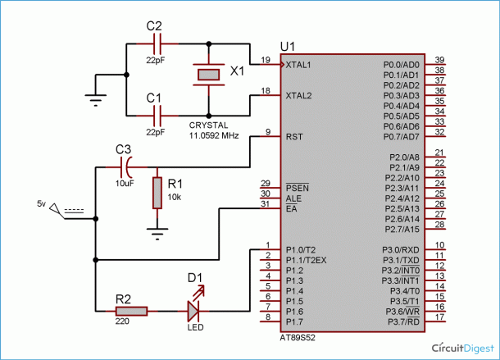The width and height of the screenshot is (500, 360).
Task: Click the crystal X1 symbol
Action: (208, 75)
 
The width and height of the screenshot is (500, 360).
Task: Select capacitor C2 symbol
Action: (157, 43)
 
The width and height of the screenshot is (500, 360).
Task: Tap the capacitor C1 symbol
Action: (157, 116)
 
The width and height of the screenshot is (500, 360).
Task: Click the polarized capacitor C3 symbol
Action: (126, 167)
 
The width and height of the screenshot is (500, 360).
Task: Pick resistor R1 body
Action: (157, 193)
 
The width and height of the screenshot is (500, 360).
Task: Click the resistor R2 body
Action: (131, 311)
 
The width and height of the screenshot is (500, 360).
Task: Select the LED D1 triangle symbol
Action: (193, 311)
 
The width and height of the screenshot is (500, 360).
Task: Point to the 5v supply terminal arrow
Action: (57, 210)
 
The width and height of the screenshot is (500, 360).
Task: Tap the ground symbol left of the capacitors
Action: (96, 100)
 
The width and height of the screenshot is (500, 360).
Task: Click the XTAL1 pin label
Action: (298, 65)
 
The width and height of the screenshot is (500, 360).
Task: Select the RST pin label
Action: (294, 137)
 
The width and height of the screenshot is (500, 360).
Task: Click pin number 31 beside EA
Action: (266, 203)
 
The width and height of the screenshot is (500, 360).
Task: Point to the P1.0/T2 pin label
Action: (301, 250)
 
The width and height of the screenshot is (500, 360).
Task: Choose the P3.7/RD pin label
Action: (403, 321)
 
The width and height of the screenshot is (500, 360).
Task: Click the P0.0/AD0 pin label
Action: (402, 65)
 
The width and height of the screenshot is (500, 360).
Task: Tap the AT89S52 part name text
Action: (298, 338)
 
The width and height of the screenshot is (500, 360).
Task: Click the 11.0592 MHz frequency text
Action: (214, 135)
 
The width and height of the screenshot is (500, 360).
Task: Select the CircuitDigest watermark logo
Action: (463, 348)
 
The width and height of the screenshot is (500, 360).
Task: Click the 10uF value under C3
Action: (125, 184)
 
